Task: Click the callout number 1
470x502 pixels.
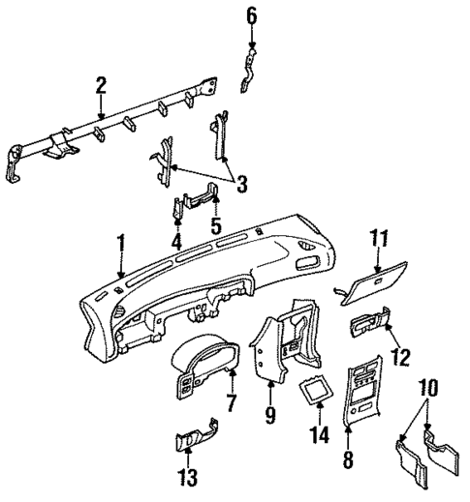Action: (x=121, y=241)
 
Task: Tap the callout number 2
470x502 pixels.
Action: (x=101, y=85)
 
